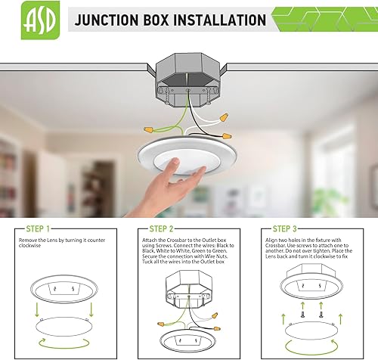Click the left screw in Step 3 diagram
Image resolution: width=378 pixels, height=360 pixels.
click(x=304, y=312)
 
